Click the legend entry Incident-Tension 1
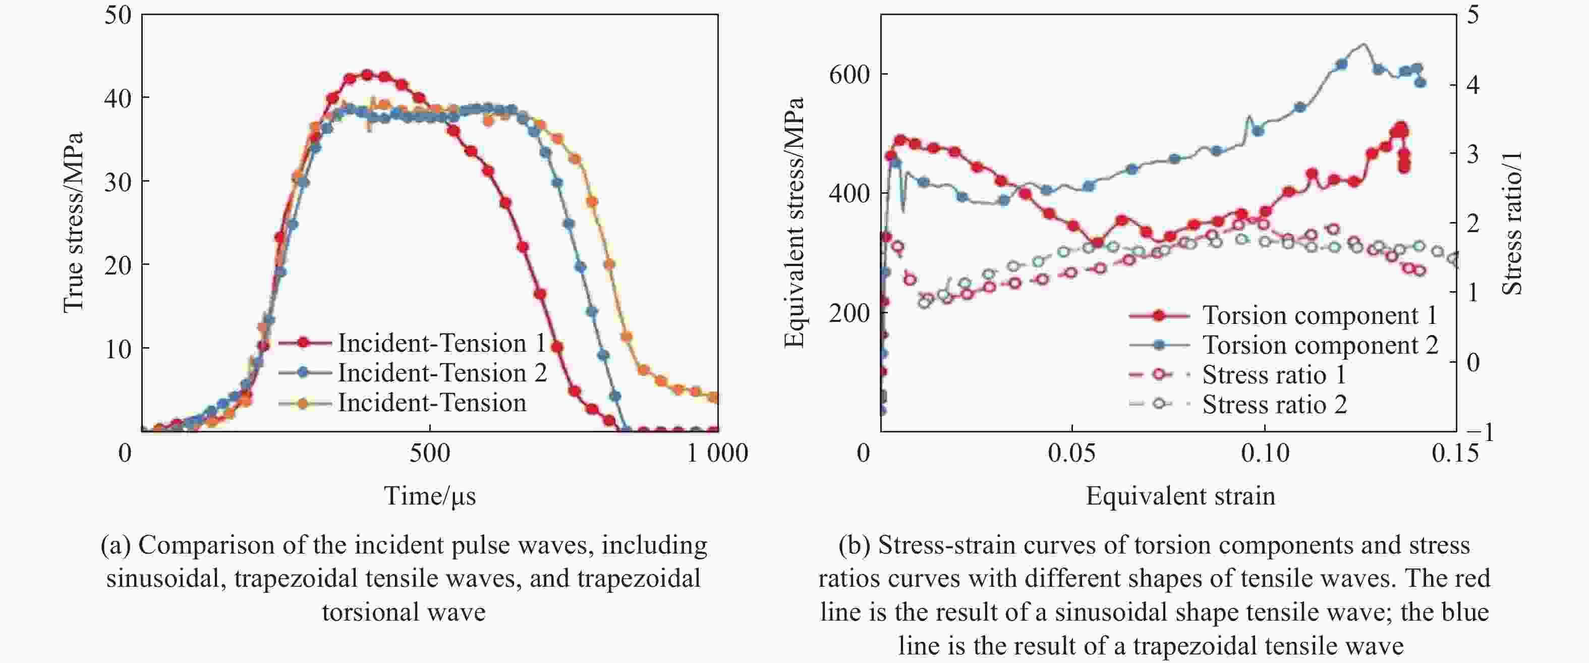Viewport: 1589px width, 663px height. click(441, 343)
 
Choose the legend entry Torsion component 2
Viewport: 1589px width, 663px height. click(1320, 345)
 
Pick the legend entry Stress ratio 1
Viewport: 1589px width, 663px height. click(1273, 374)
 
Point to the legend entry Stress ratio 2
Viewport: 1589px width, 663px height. click(1274, 405)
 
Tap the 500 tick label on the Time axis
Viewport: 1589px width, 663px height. click(430, 453)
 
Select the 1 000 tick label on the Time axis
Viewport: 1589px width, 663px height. click(717, 453)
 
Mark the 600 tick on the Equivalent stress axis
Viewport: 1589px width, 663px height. click(849, 74)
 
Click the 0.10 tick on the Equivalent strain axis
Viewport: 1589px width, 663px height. click(1265, 453)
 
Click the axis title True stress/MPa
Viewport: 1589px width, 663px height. click(73, 222)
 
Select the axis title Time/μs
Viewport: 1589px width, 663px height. click(430, 496)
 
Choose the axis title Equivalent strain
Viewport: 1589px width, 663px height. click(1180, 496)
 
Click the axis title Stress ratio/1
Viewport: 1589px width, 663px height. click(1512, 223)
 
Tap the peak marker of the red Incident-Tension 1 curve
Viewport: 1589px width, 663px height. click(367, 75)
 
